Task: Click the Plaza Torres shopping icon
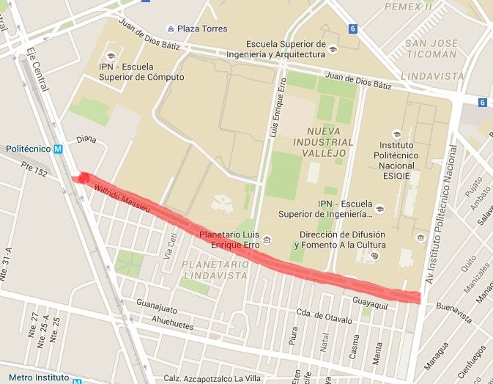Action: pyautogui.click(x=171, y=29)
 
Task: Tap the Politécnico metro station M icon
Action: pyautogui.click(x=58, y=148)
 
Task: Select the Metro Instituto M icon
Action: pyautogui.click(x=76, y=379)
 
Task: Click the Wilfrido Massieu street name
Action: pyautogui.click(x=122, y=199)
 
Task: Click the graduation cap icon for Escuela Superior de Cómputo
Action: pyautogui.click(x=111, y=56)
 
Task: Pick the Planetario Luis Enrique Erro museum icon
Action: pyautogui.click(x=267, y=240)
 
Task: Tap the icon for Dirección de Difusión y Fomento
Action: pyautogui.click(x=374, y=256)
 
